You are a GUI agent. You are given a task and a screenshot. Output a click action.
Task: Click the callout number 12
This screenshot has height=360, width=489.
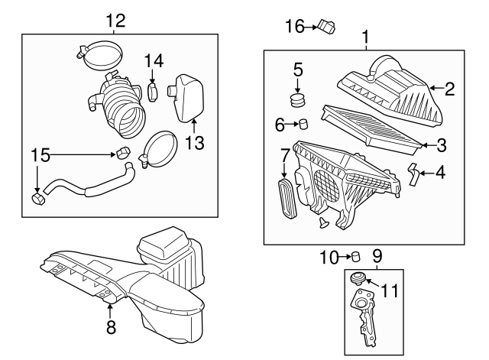115,20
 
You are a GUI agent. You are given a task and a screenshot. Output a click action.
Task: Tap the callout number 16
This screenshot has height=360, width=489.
294,28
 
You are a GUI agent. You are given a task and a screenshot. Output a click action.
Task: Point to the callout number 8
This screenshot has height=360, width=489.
110,328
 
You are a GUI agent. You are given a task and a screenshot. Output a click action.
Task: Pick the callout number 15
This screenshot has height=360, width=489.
40,155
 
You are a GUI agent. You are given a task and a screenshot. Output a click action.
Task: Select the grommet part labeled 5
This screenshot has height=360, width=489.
298,98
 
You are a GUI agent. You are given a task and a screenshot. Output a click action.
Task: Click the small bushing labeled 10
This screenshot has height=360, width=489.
355,257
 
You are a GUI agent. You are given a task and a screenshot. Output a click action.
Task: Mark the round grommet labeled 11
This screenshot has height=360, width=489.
357,277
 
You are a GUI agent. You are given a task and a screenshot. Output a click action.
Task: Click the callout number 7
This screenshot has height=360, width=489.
284,155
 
